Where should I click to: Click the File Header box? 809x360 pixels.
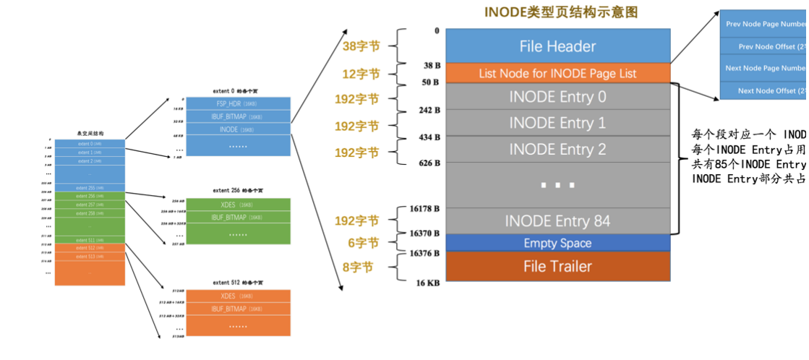(557, 46)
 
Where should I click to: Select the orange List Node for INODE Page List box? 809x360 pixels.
(557, 73)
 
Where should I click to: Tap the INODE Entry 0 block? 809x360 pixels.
(557, 96)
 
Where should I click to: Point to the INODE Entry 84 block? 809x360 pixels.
(557, 220)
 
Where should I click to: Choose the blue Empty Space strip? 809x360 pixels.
(557, 243)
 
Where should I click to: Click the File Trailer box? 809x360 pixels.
(557, 266)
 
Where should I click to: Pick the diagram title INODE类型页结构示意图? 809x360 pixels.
(561, 12)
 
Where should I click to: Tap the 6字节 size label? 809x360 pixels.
(362, 243)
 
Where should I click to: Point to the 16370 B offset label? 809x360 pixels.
(424, 234)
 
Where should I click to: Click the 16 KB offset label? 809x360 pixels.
(427, 283)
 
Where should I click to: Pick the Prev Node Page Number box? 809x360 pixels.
(764, 24)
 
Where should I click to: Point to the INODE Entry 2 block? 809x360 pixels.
(557, 150)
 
